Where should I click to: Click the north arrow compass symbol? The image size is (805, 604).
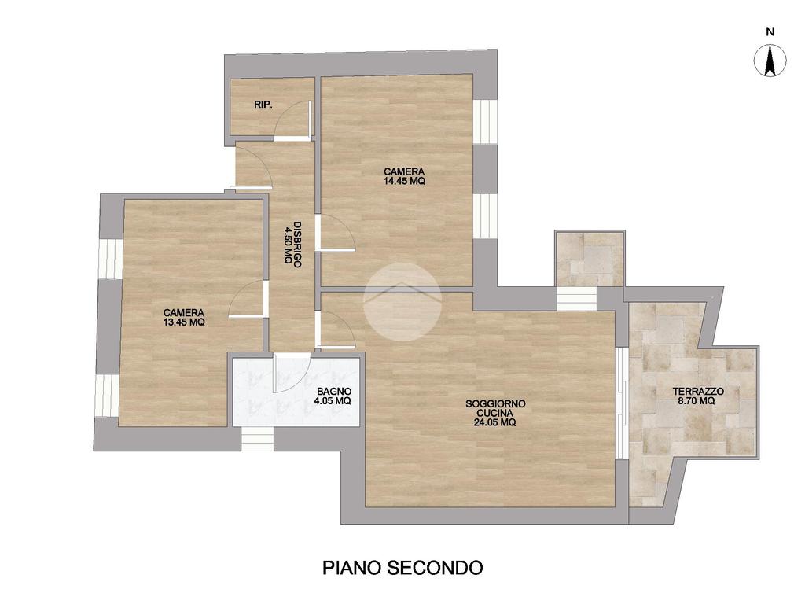770,61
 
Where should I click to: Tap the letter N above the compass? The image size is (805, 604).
770,31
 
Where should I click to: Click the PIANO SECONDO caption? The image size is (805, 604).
402,568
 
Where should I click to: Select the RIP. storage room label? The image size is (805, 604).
263,105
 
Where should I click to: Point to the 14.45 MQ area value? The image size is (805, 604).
404,181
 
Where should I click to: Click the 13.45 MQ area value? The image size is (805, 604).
184,322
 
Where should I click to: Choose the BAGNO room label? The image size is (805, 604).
334,392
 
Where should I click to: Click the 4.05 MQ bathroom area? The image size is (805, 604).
333,400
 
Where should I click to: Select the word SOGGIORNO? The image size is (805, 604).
495,403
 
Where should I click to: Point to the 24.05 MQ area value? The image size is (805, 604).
495,422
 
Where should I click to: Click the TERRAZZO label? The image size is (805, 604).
698,392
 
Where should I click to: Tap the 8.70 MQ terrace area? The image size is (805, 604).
697,400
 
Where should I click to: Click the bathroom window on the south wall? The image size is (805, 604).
258,439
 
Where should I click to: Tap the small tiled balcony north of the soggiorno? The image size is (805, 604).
590,258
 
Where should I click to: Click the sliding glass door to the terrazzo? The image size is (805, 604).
622,403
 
